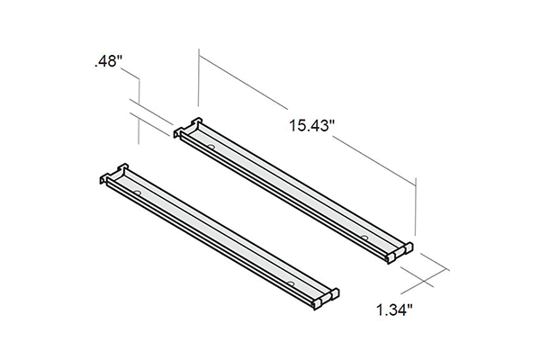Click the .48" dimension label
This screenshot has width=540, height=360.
point(108,62)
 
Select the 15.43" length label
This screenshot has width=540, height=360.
point(311,125)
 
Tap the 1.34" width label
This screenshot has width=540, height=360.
point(394,310)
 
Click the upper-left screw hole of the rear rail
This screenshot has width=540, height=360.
point(211,147)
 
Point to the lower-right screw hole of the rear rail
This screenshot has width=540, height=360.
point(364,238)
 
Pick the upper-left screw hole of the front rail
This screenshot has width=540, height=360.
point(138,193)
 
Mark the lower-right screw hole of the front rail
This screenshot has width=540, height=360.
point(291,284)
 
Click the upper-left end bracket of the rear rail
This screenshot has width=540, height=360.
point(188,128)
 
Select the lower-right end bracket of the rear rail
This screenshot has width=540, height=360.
point(400,253)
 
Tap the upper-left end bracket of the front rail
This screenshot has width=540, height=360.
point(114,174)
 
